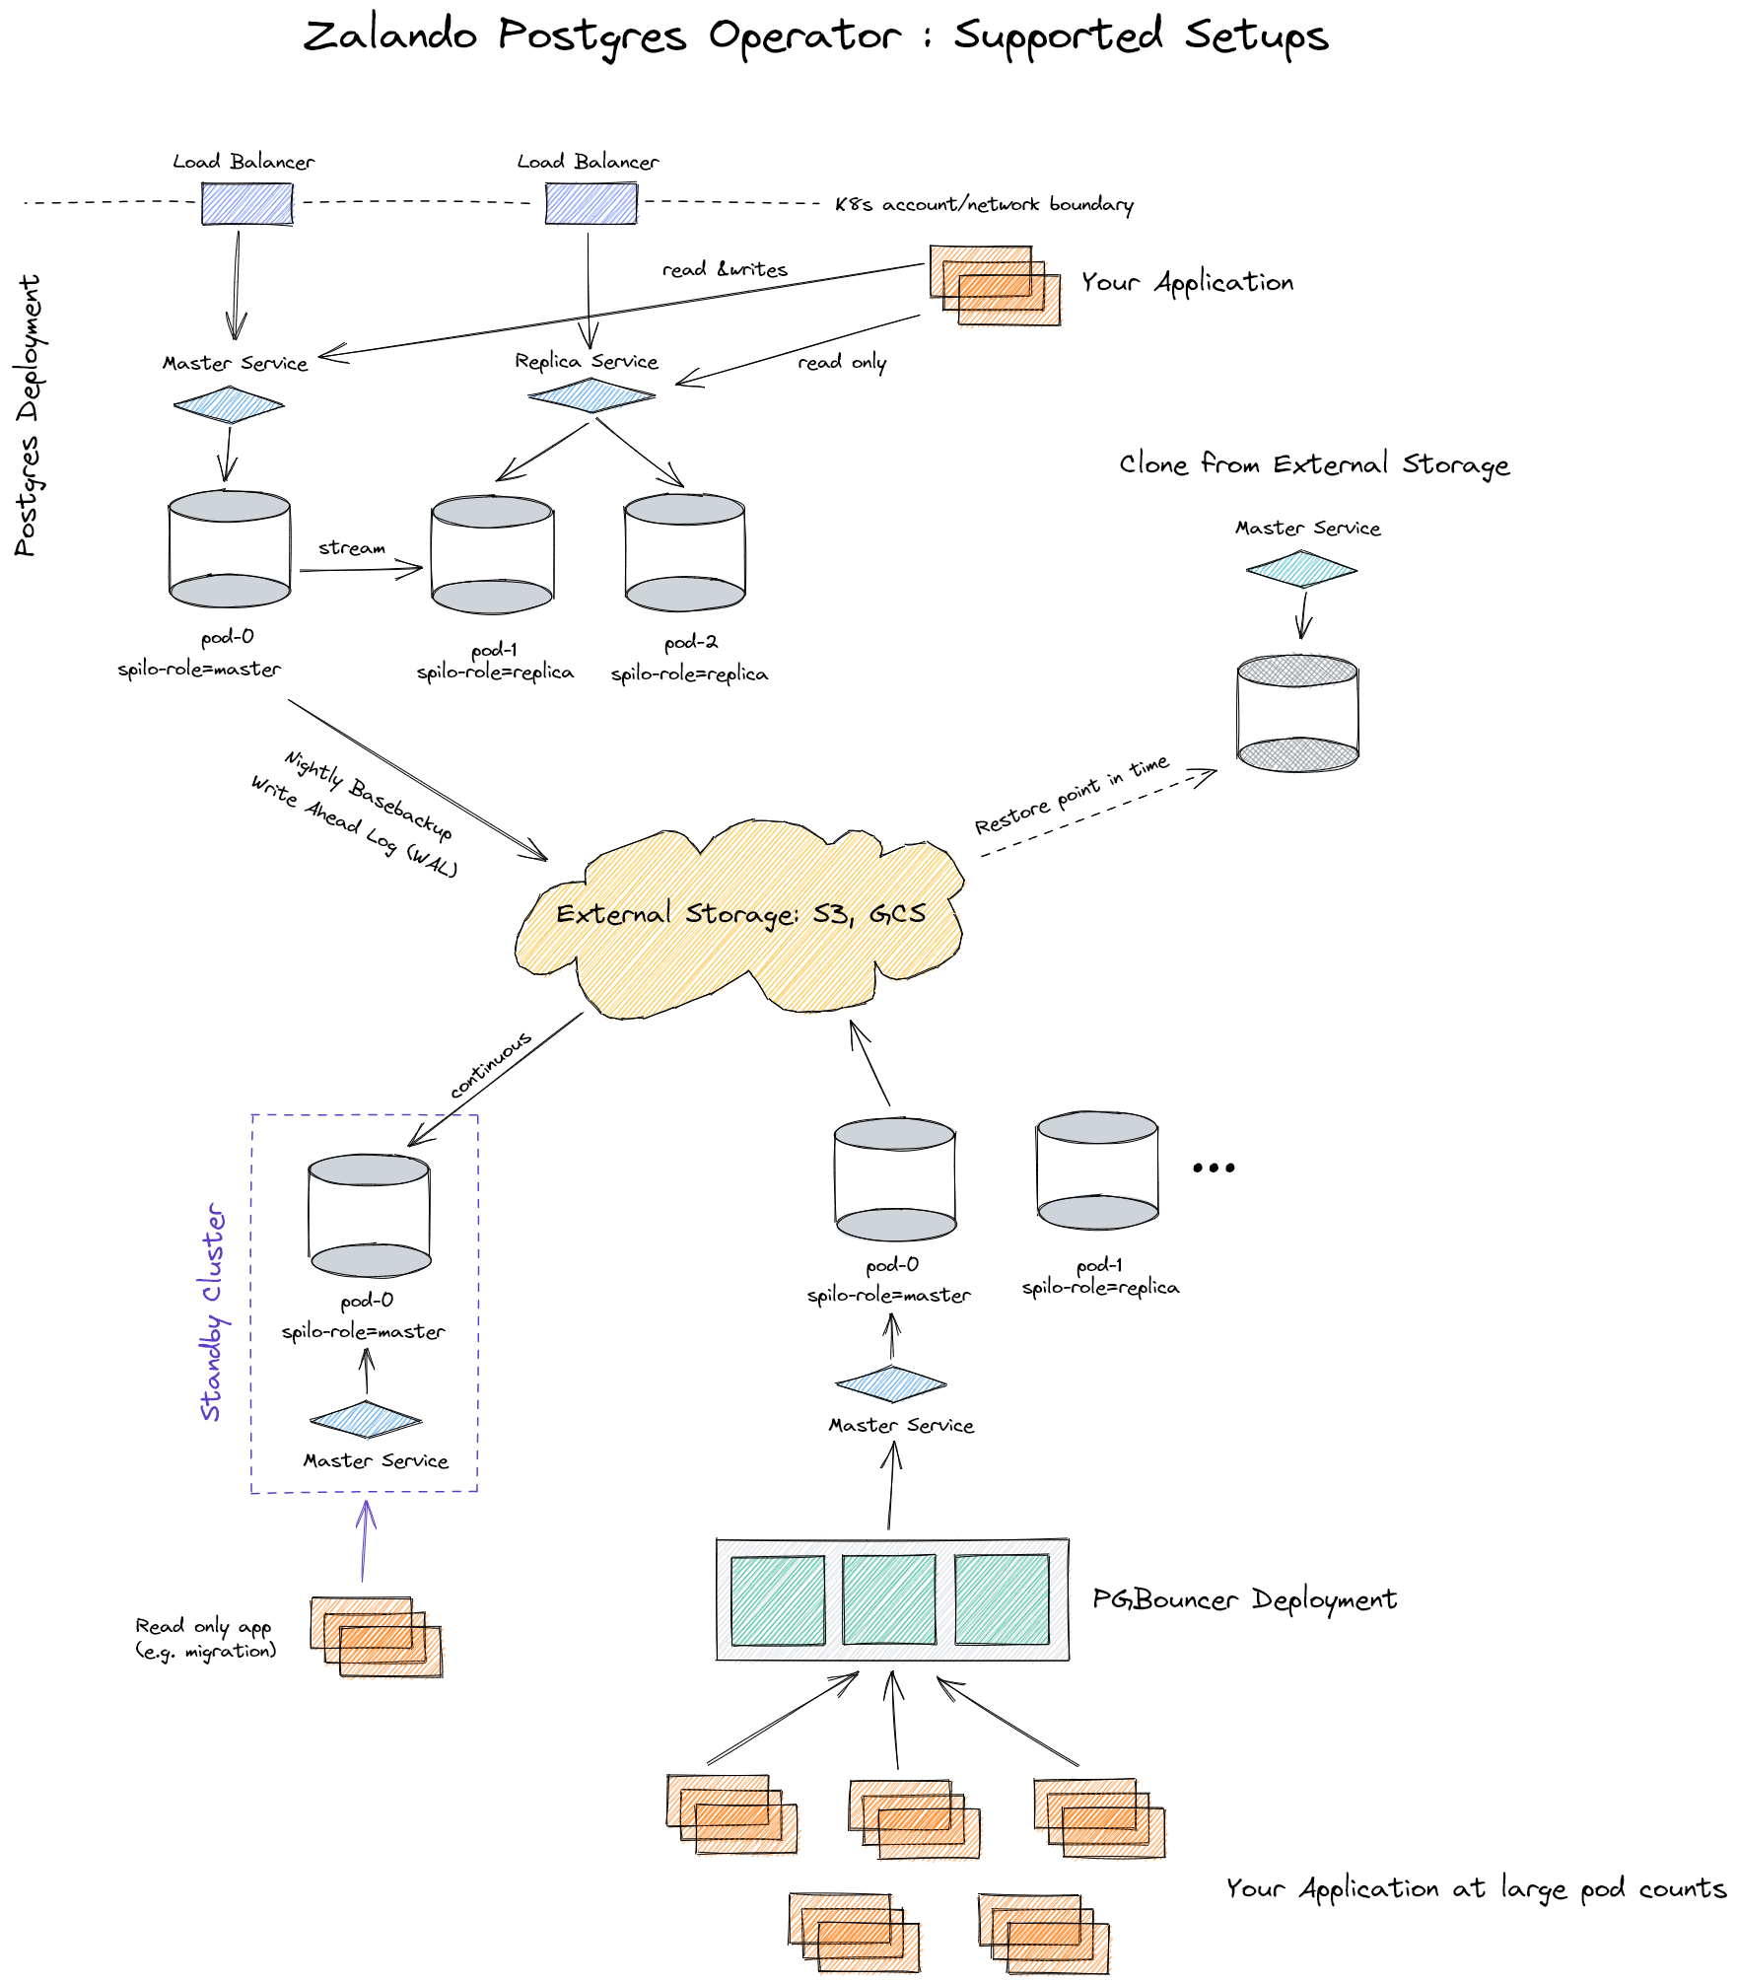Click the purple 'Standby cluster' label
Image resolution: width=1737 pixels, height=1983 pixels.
click(x=213, y=1311)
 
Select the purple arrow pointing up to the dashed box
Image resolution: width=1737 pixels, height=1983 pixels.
click(x=365, y=1540)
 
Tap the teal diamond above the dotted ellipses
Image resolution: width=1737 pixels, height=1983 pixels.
click(x=1301, y=570)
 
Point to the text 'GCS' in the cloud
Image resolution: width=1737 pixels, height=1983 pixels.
click(x=897, y=914)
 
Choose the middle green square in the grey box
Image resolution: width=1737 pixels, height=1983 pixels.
click(x=889, y=1599)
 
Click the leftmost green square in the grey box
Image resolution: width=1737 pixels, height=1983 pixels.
click(x=778, y=1599)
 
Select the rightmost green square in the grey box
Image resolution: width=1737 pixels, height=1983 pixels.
click(x=1002, y=1599)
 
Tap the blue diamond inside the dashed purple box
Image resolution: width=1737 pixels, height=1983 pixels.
click(x=366, y=1421)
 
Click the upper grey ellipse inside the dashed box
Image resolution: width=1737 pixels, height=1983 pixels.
click(x=369, y=1170)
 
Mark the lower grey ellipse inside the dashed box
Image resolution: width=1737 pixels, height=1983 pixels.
click(x=371, y=1261)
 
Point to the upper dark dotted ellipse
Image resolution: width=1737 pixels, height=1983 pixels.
click(x=1297, y=671)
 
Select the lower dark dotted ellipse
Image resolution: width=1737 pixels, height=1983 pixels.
click(x=1298, y=755)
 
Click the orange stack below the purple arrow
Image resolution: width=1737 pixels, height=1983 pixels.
click(x=377, y=1637)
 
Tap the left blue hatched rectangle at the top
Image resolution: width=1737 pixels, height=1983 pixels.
click(x=248, y=203)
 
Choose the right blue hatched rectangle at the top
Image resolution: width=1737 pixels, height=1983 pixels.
click(x=591, y=203)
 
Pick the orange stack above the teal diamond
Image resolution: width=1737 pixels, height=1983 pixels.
click(x=996, y=286)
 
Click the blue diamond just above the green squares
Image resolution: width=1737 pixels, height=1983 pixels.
click(x=891, y=1384)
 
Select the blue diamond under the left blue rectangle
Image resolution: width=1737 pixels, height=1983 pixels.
click(x=230, y=405)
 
